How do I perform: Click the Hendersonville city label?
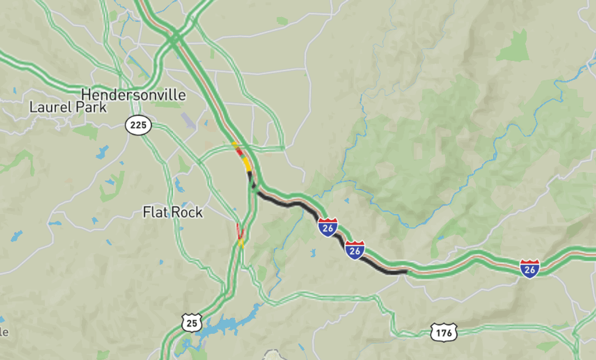click(x=133, y=95)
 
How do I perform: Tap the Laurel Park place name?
click(x=68, y=108)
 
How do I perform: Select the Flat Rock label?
click(x=173, y=212)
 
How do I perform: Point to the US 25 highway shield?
click(x=192, y=323)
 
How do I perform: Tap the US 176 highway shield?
click(x=443, y=332)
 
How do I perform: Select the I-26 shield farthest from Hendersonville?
click(x=529, y=268)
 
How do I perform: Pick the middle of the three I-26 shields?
click(x=355, y=249)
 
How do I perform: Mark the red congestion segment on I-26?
click(x=239, y=151)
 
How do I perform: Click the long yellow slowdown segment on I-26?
click(x=246, y=163)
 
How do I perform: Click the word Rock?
click(x=187, y=212)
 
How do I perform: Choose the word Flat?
click(x=155, y=212)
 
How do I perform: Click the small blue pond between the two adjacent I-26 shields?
click(x=312, y=252)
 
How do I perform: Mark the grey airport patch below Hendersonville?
click(x=189, y=120)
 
